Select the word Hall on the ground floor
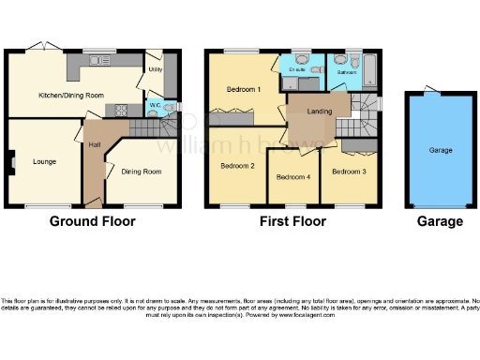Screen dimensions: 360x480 [94, 145]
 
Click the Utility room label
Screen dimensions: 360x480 [155, 69]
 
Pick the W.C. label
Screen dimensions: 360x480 [154, 105]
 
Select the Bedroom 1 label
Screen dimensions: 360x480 [244, 89]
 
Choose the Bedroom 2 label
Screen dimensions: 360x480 [237, 166]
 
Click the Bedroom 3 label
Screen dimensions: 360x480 [349, 172]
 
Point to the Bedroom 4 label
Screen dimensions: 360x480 [293, 177]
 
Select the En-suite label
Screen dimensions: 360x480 [298, 69]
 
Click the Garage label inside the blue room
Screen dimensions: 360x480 [441, 149]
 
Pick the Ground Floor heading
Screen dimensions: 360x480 [92, 222]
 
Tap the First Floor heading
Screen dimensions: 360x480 [293, 222]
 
